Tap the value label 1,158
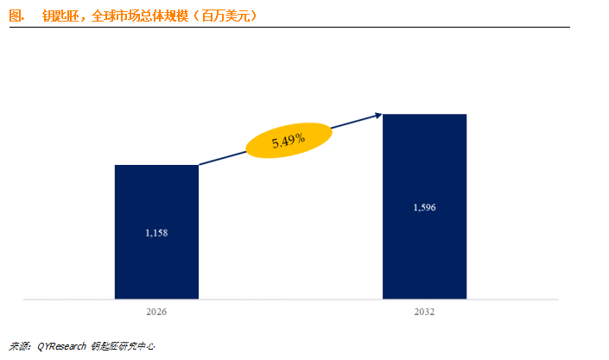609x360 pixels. pyautogui.click(x=156, y=233)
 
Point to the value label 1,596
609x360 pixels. pyautogui.click(x=425, y=208)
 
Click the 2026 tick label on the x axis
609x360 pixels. pyautogui.click(x=156, y=313)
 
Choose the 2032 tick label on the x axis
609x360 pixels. pyautogui.click(x=425, y=313)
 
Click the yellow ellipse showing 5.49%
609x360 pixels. pyautogui.click(x=289, y=141)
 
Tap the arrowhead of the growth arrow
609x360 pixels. pyautogui.click(x=377, y=114)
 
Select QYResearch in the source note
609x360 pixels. pyautogui.click(x=62, y=346)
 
